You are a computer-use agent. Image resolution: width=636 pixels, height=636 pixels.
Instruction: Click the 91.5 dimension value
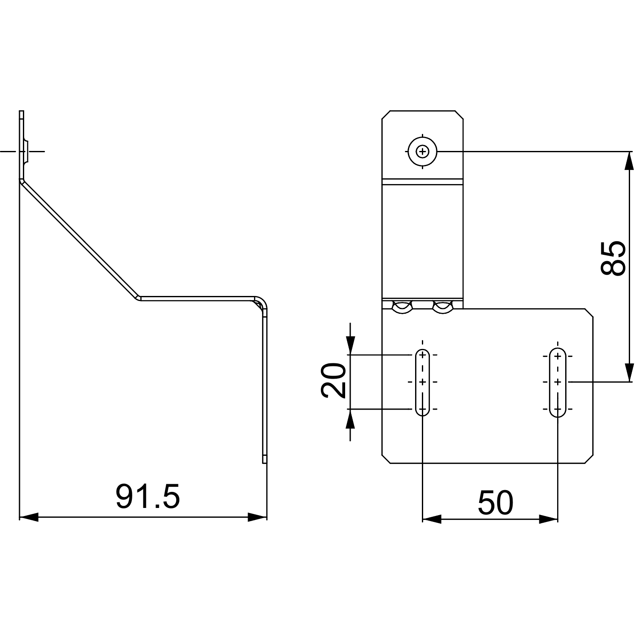[148, 497]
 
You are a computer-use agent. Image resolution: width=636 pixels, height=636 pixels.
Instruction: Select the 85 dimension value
[613, 259]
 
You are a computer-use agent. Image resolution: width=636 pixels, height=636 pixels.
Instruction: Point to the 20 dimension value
[333, 380]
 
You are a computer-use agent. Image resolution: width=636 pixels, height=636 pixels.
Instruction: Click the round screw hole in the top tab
[422, 151]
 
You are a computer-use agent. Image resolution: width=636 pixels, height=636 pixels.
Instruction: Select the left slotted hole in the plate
[422, 382]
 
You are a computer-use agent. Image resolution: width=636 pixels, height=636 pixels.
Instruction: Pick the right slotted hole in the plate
[558, 382]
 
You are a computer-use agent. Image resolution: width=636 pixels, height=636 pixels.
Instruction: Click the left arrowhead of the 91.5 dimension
[29, 517]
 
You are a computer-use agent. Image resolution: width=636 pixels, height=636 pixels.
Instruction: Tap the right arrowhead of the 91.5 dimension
[258, 517]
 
